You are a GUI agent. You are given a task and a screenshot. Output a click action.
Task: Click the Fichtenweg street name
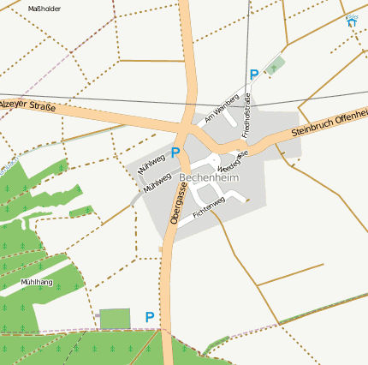pyautogui.click(x=209, y=206)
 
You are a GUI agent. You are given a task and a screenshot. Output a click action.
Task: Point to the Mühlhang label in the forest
pyautogui.click(x=36, y=281)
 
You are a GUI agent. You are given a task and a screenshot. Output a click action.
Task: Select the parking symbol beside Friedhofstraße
pyautogui.click(x=254, y=75)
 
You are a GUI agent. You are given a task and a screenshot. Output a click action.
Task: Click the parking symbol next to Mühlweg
pyautogui.click(x=175, y=153)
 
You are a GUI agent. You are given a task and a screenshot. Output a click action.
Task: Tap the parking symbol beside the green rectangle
pyautogui.click(x=150, y=317)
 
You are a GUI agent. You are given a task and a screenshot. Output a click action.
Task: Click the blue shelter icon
pyautogui.click(x=352, y=21)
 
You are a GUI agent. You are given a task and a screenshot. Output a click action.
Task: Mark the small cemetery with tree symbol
pyautogui.click(x=274, y=66)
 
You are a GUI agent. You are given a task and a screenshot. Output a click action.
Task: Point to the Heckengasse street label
pyautogui.click(x=233, y=160)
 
